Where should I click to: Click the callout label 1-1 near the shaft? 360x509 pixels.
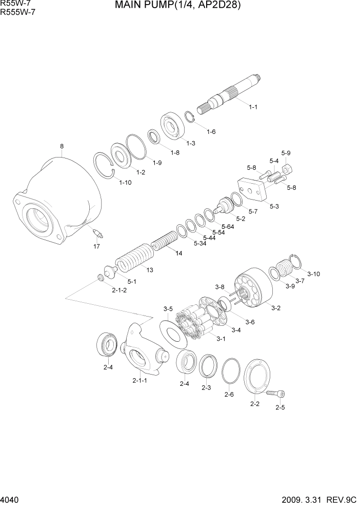coord(253,107)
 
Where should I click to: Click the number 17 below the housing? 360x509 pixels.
coord(96,247)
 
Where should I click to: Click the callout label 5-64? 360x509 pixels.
coord(227,226)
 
